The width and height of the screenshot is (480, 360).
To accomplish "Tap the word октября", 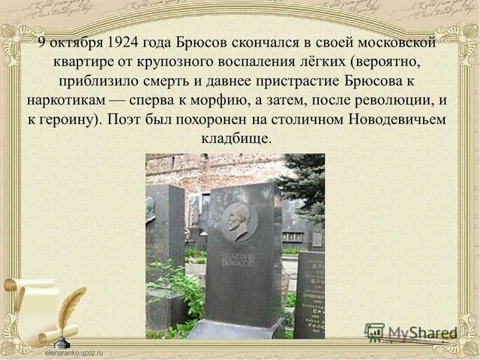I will point(76,43).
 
